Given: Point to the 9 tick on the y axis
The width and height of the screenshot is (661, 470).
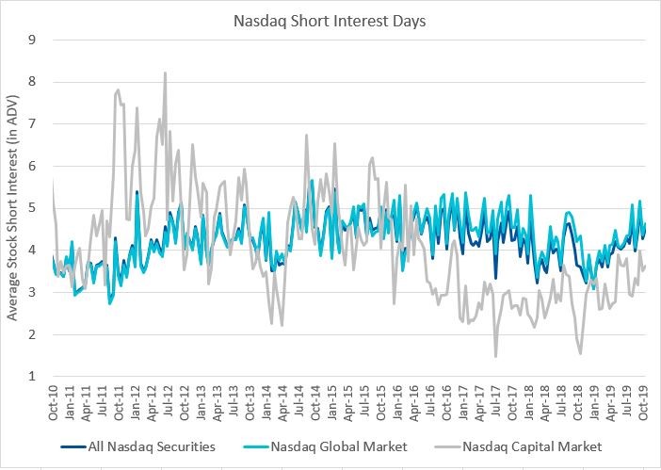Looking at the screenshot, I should coord(33,40).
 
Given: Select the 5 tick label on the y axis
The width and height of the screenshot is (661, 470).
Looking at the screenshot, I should coord(33,208).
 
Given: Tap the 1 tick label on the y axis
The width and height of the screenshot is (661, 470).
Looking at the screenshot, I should coord(33,377).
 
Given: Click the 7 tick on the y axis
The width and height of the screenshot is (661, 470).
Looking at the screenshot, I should coord(33,124).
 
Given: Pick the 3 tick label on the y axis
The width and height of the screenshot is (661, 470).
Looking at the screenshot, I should coord(33,293).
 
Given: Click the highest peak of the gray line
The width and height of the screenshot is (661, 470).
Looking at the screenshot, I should coord(166,73).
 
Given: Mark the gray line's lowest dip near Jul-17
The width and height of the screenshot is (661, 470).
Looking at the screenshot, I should coord(495,356).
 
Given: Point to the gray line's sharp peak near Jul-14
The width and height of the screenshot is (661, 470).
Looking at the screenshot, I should coord(307,135).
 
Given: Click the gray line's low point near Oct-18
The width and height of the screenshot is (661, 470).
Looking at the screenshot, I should coord(580,353).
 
